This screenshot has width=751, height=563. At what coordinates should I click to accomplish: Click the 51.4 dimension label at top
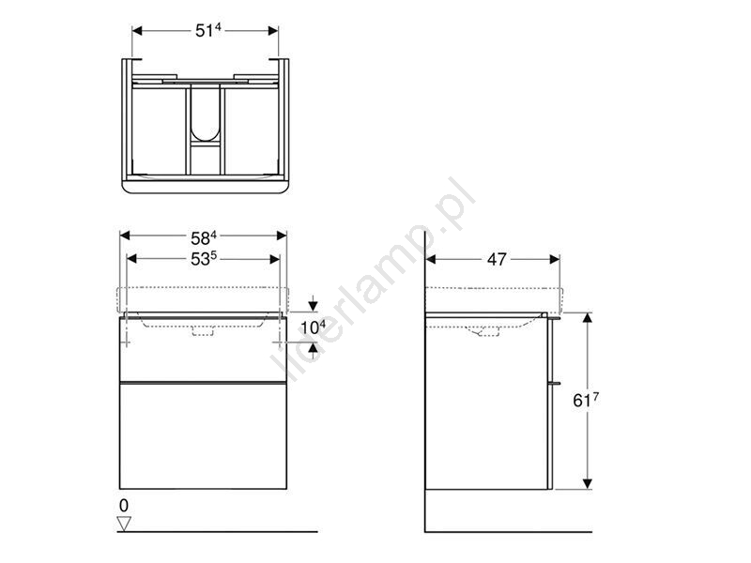pos(207,30)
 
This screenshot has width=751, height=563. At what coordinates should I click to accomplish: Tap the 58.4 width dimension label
pos(204,237)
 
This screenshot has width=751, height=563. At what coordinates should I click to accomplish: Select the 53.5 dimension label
pos(204,259)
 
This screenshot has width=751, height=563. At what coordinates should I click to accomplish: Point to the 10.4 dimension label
pos(313,327)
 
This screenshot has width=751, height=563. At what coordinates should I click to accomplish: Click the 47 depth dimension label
pos(497,260)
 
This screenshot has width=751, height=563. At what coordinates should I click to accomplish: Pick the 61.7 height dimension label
pos(585,400)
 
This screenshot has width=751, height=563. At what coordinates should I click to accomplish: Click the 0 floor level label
pos(124,506)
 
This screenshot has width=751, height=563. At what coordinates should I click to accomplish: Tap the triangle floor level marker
pos(124,524)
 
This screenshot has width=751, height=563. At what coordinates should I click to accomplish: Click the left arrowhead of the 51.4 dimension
pos(137,31)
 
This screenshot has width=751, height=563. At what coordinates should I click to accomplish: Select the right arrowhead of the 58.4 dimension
pos(281,236)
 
